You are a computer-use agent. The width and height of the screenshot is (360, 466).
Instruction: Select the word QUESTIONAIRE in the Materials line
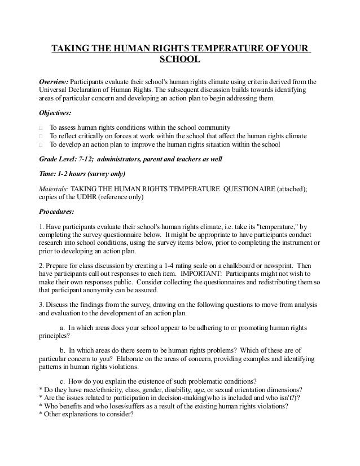pos(246,188)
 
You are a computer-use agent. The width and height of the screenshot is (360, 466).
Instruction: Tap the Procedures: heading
pos(56,212)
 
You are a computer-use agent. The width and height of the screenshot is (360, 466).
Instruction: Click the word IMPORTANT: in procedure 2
pos(202,273)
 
